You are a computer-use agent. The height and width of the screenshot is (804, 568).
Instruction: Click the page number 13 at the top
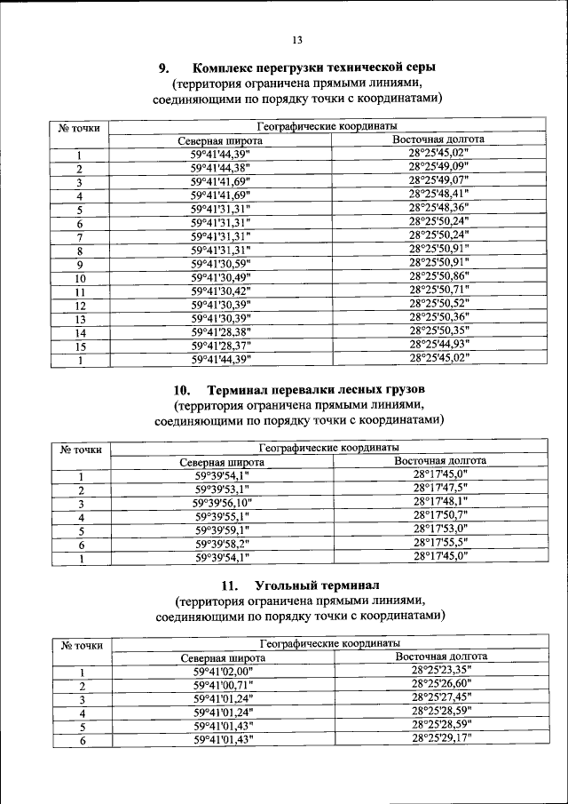pyautogui.click(x=296, y=39)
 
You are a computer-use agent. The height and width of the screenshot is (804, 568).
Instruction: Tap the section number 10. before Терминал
pyautogui.click(x=183, y=390)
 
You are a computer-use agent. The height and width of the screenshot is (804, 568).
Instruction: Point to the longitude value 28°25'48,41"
pyautogui.click(x=438, y=194)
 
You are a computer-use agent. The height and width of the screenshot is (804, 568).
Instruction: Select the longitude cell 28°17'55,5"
pyautogui.click(x=440, y=542)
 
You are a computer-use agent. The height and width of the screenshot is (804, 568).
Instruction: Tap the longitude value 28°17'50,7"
pyautogui.click(x=440, y=515)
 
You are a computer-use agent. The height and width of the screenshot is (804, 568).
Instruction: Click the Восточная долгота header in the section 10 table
pyautogui.click(x=440, y=461)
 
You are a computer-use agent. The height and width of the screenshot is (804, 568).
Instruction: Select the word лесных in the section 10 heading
pyautogui.click(x=349, y=390)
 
